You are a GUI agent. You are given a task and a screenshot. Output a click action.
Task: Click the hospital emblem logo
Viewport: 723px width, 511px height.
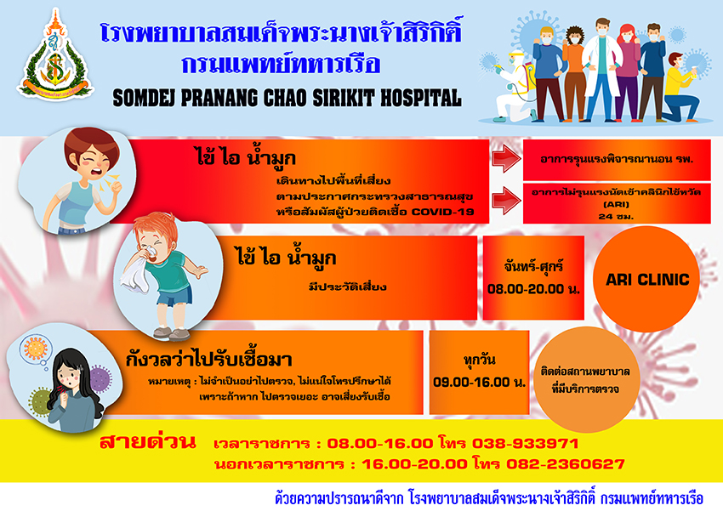pyautogui.click(x=55, y=54)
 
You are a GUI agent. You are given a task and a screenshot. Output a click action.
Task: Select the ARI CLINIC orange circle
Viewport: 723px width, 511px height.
pyautogui.click(x=646, y=279)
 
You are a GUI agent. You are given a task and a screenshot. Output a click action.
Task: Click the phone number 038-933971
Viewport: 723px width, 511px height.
pyautogui.click(x=525, y=443)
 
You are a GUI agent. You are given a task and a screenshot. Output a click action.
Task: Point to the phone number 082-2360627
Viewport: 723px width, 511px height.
pyautogui.click(x=566, y=463)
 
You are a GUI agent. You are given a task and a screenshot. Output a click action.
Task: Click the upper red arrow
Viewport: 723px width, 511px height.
pyautogui.click(x=506, y=159)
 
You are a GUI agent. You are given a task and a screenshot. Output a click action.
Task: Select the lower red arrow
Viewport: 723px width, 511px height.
pyautogui.click(x=506, y=201)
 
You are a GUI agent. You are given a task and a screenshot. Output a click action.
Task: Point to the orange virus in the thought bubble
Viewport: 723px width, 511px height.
pyautogui.click(x=36, y=349)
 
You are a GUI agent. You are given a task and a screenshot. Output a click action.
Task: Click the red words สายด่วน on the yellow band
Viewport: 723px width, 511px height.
pyautogui.click(x=148, y=442)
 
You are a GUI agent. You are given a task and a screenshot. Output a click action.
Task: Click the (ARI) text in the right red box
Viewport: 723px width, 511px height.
pyautogui.click(x=616, y=204)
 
